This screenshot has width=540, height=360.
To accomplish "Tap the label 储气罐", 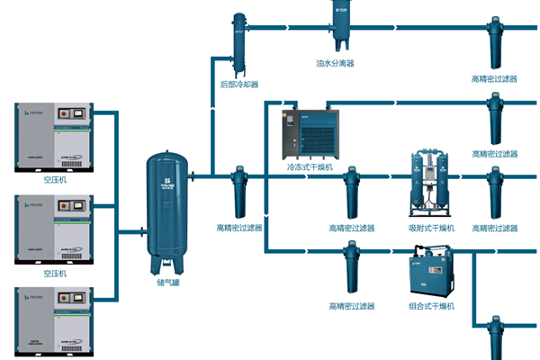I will click(x=168, y=281).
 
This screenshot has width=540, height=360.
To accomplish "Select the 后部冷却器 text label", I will click(x=239, y=85).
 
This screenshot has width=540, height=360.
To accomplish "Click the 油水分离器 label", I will click(x=335, y=64).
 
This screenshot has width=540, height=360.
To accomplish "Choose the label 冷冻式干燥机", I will click(x=310, y=166).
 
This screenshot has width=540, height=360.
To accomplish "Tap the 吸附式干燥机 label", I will click(x=430, y=229).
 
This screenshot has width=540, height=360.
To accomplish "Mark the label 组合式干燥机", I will click(x=430, y=306).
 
